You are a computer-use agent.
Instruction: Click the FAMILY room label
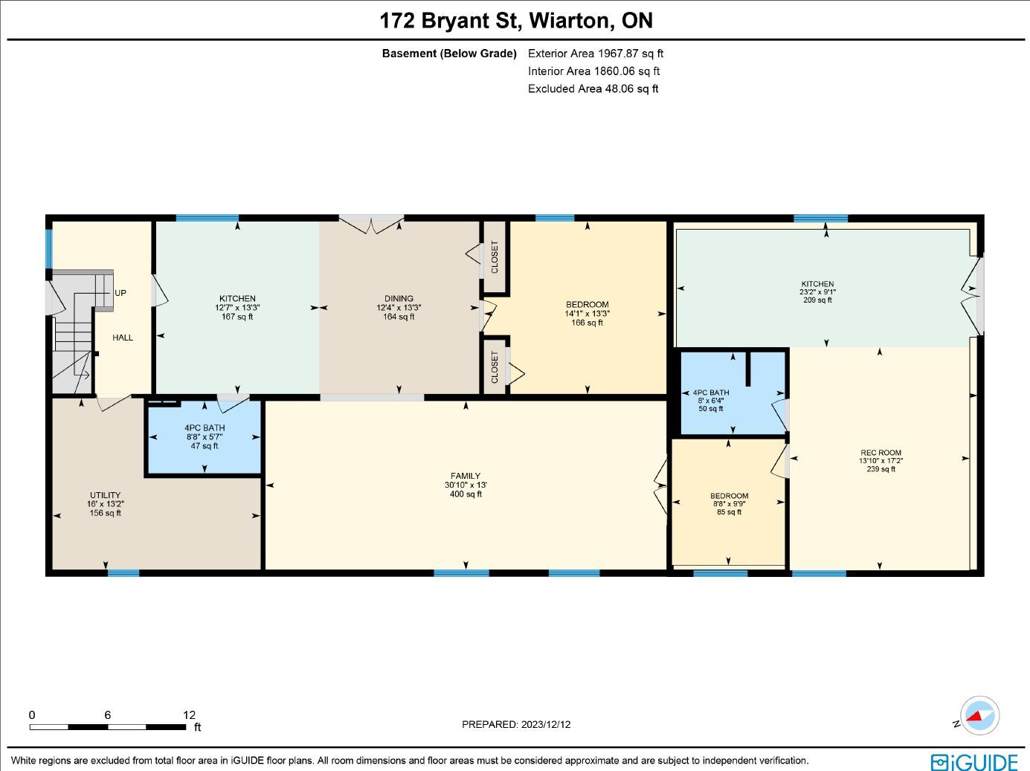click(x=465, y=476)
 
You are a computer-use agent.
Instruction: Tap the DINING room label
click(x=399, y=298)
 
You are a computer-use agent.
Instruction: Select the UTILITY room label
click(x=105, y=495)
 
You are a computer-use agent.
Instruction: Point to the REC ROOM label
click(x=881, y=453)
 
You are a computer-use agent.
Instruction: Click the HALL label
click(x=123, y=338)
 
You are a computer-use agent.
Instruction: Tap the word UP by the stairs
click(x=120, y=293)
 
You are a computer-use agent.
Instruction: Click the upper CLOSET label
click(x=495, y=257)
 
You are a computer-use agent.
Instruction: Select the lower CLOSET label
click(x=495, y=367)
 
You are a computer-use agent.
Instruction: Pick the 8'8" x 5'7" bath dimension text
click(x=204, y=436)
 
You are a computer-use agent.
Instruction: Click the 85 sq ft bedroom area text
click(x=730, y=512)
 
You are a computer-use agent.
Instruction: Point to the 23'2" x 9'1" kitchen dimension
click(x=817, y=291)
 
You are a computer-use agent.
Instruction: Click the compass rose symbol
click(x=979, y=716)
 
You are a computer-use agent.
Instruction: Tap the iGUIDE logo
click(x=974, y=761)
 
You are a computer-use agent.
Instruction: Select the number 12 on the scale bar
click(x=189, y=714)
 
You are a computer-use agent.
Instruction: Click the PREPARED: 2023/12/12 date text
click(x=516, y=725)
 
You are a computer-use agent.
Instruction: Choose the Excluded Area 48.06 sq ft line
click(x=593, y=88)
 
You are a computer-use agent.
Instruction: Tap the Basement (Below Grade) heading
click(x=449, y=54)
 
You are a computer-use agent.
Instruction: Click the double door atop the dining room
click(x=371, y=225)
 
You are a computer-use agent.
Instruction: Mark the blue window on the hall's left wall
click(x=48, y=248)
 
